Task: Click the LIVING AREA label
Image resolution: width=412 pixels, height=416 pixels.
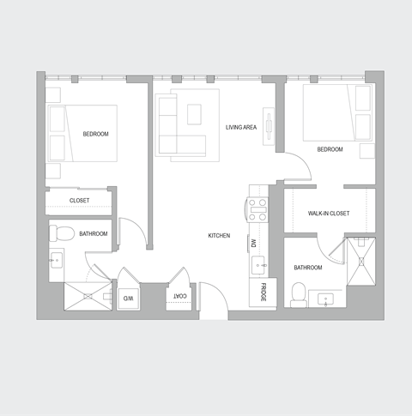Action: coord(241,127)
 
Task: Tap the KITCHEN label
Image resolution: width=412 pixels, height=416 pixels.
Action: coord(219,235)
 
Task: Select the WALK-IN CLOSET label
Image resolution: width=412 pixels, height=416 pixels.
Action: coord(328,214)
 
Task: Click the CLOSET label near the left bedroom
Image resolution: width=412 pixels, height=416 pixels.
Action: coord(79,201)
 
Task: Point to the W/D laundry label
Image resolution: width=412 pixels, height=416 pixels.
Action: coord(127,298)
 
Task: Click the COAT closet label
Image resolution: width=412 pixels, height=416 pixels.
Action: coord(180,296)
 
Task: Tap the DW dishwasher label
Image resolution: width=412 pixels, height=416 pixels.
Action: coord(254,243)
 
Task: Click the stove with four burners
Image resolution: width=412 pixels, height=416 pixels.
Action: coord(258,209)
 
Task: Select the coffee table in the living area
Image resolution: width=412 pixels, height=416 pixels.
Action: coord(194,113)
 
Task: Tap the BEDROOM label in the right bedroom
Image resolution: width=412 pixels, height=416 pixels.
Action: coord(330,149)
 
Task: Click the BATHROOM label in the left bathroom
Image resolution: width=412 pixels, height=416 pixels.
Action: coord(93,233)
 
